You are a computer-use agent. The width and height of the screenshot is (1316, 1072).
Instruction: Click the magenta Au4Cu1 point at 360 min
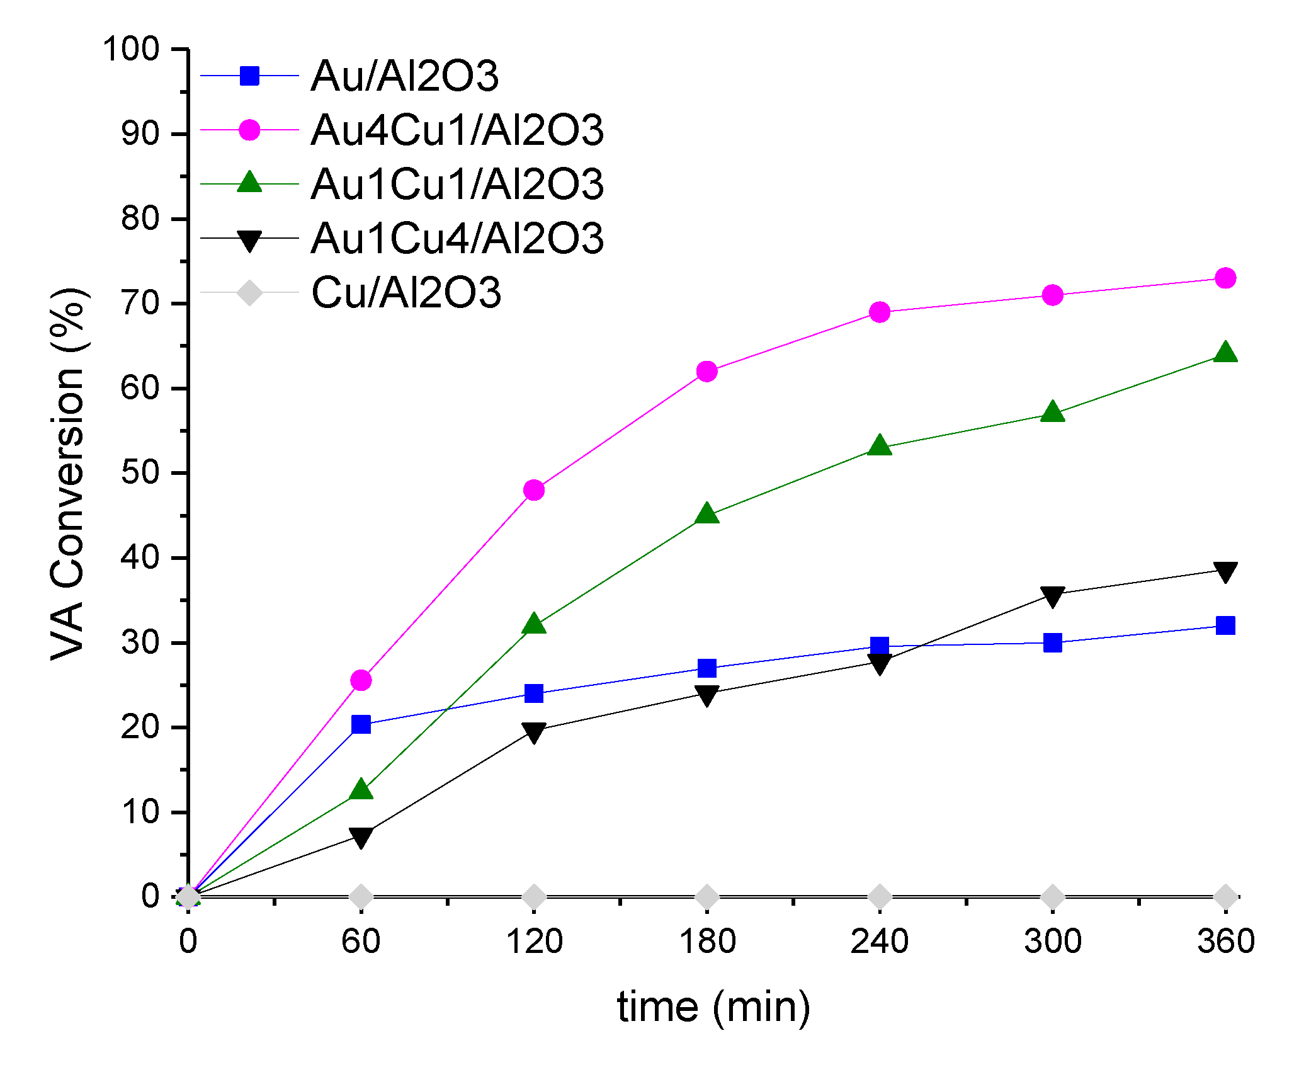pos(1225,278)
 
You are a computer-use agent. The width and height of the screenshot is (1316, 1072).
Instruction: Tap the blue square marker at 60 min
pos(361,724)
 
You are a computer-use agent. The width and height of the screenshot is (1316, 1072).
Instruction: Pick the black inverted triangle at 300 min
pos(1052,596)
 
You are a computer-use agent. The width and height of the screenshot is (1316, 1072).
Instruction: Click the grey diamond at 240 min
pos(880,896)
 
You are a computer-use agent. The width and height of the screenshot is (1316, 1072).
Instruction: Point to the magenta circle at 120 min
pos(534,489)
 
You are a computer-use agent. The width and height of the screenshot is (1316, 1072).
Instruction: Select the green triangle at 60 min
pos(361,789)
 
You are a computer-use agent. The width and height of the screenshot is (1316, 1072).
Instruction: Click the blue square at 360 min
pos(1225,625)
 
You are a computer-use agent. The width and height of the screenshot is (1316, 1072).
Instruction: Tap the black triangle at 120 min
pos(534,732)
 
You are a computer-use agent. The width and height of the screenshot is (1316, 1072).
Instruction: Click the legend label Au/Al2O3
pos(405,76)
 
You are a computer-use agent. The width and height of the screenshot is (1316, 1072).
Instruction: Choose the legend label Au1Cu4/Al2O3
pos(457,239)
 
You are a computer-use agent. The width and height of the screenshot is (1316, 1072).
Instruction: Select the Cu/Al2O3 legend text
pos(406,293)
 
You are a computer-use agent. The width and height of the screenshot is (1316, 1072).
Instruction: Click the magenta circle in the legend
pos(249,130)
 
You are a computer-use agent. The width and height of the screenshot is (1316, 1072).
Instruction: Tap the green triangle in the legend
pos(249,183)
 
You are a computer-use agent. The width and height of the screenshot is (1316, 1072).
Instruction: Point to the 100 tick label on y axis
pos(131,49)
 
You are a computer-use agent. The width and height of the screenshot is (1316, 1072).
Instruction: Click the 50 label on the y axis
pos(140,472)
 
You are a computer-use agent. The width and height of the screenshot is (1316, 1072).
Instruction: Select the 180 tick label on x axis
pos(706,942)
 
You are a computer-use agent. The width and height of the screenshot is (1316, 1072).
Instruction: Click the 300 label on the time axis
pos(1052,942)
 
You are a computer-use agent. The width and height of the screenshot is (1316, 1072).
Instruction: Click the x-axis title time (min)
pos(713,1007)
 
